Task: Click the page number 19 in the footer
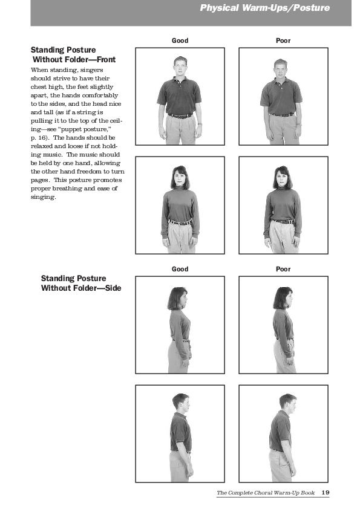coord(326,493)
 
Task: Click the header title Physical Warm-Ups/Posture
coord(265,8)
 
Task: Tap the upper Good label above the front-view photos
coord(180,41)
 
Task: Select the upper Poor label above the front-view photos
coord(283,41)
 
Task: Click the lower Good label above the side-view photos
coord(180,269)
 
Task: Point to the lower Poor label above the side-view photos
coord(283,269)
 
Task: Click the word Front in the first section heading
coord(106,59)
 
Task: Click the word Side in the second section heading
coord(113,288)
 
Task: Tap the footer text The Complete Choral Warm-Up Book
coord(266,493)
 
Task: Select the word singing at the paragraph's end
coord(43,197)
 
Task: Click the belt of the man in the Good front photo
coord(180,115)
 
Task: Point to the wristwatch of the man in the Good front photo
coord(200,124)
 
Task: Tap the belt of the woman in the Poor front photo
coord(283,221)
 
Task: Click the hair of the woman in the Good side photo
coord(176,298)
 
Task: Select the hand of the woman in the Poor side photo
coord(289,360)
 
